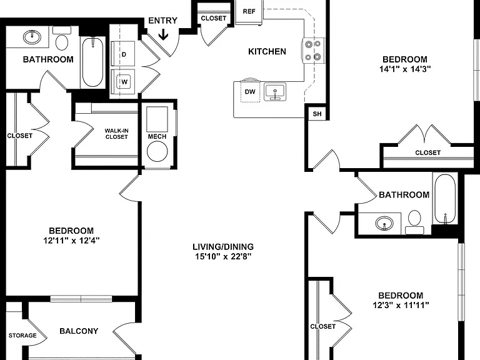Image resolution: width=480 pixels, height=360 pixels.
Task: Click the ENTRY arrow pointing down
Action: click(164, 34)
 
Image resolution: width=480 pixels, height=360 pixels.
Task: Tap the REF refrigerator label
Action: click(249, 11)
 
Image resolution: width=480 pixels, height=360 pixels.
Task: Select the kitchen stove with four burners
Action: click(313, 50)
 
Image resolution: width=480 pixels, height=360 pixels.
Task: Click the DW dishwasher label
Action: click(250, 91)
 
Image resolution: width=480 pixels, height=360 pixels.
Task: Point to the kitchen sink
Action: click(275, 91)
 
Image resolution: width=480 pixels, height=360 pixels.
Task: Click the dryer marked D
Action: click(122, 54)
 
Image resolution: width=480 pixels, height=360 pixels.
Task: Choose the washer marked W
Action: click(122, 81)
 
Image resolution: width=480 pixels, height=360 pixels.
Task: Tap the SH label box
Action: click(317, 114)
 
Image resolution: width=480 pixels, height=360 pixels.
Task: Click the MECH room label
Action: click(157, 136)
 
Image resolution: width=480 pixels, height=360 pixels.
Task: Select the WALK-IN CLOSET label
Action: click(116, 134)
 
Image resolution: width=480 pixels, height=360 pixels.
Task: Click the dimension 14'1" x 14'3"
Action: click(405, 69)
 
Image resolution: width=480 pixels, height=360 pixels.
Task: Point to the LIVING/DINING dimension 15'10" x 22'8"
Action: click(223, 256)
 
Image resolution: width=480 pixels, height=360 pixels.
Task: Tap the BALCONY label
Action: click(79, 331)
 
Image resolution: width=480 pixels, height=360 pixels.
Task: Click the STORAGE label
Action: click(22, 336)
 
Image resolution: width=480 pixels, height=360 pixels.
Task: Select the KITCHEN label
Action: click(267, 51)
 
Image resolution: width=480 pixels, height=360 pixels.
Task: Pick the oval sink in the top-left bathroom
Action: click(32, 37)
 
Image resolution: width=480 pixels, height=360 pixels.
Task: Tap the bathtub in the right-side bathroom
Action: click(445, 199)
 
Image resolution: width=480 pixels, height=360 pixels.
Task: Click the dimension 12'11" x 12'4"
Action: click(71, 241)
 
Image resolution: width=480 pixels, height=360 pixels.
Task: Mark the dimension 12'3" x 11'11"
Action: click(401, 305)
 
